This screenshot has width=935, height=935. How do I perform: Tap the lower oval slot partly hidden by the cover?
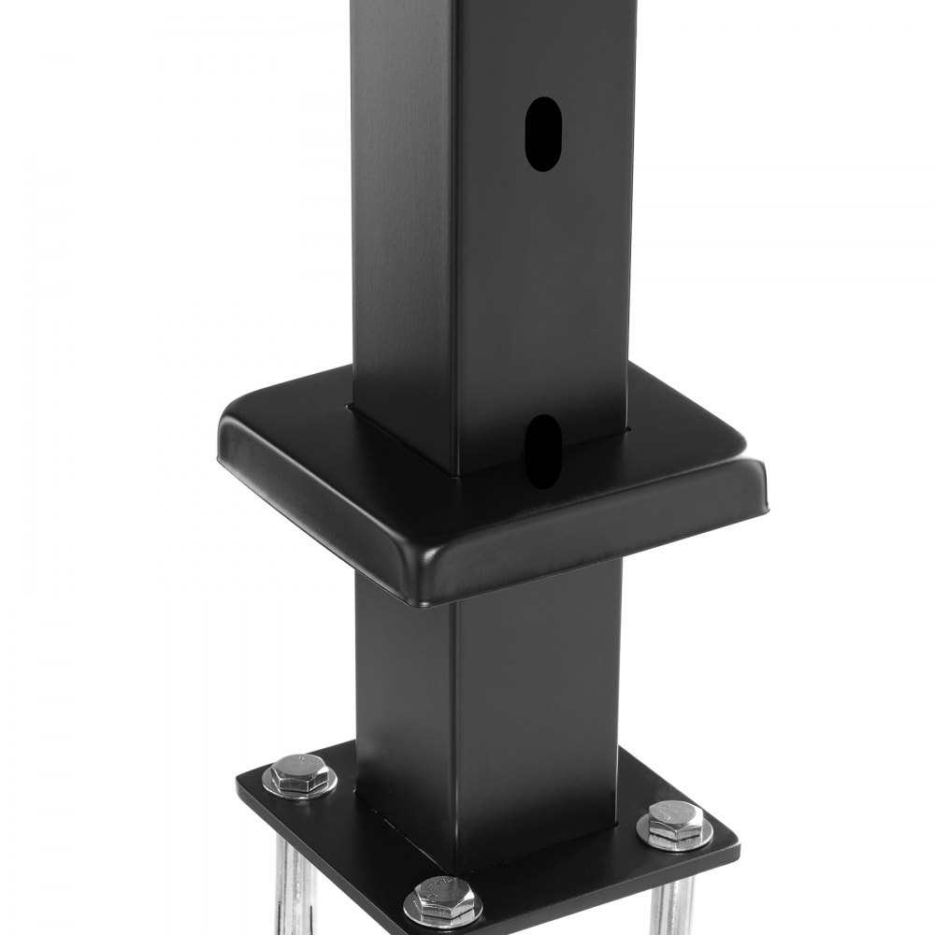pos(541,453)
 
